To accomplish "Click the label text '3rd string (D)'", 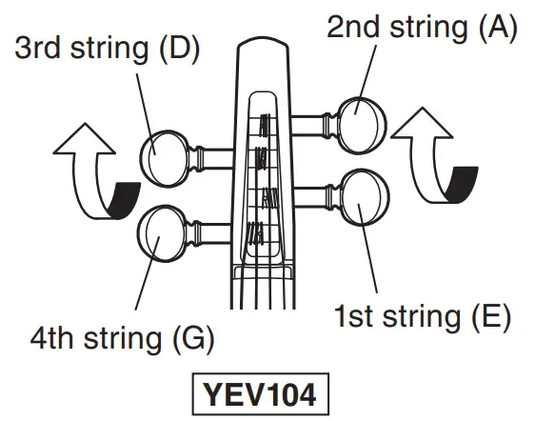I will (107, 48).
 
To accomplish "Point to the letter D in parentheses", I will (179, 48).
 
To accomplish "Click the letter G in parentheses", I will (193, 336).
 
